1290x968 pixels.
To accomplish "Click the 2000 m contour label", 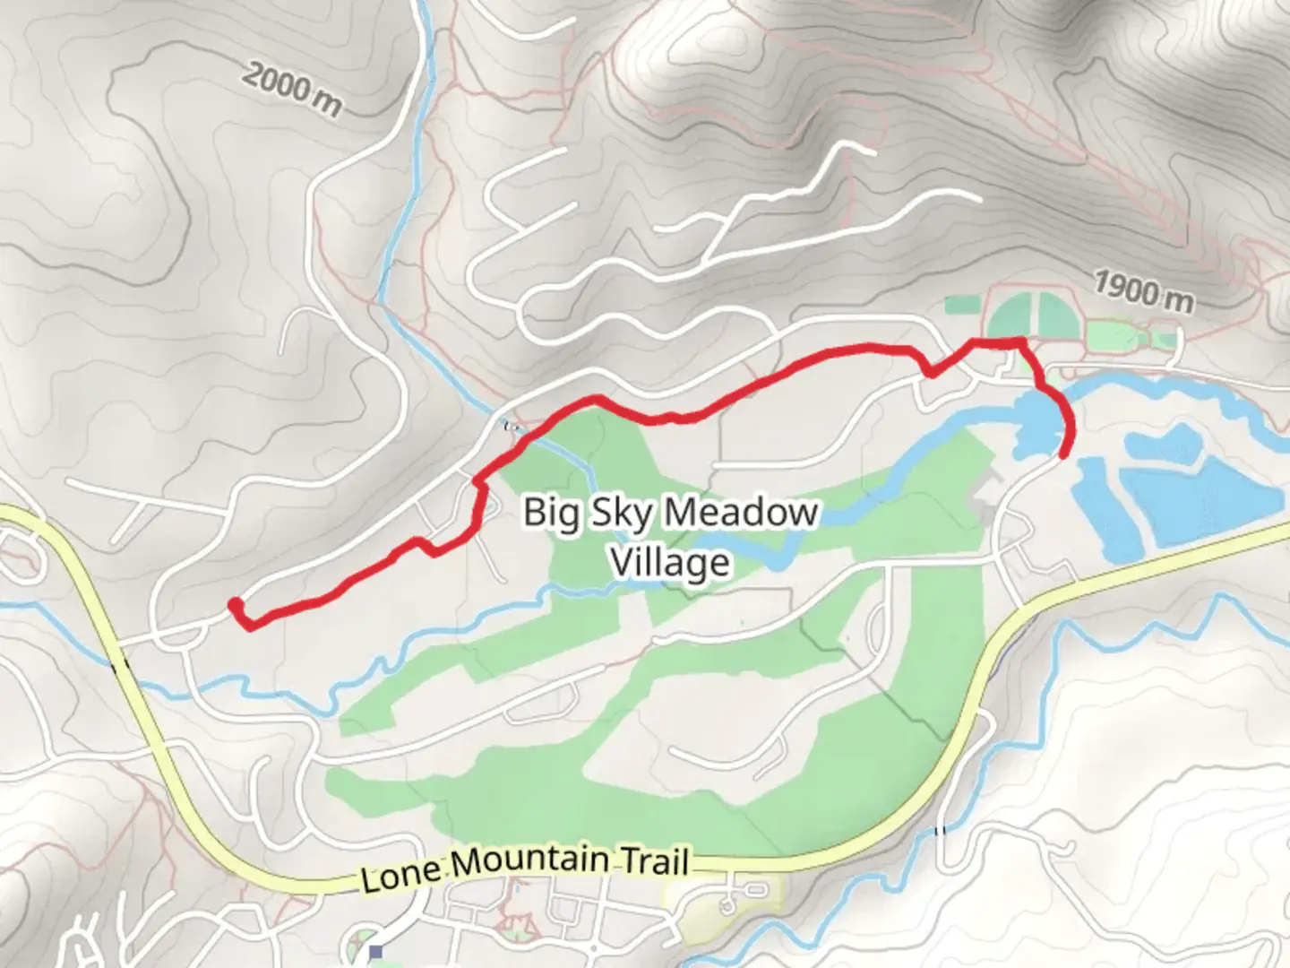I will click(x=291, y=91).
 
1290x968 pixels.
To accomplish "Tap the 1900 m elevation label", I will click(x=1143, y=291).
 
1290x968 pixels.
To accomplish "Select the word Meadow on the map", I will click(x=742, y=513).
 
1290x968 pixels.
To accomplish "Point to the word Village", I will click(x=670, y=563).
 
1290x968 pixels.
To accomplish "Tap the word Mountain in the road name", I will click(x=529, y=862).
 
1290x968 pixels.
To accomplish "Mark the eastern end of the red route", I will click(x=1063, y=454).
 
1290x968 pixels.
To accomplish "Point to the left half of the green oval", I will click(x=1013, y=315).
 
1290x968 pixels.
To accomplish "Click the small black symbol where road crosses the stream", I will click(x=512, y=426).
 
